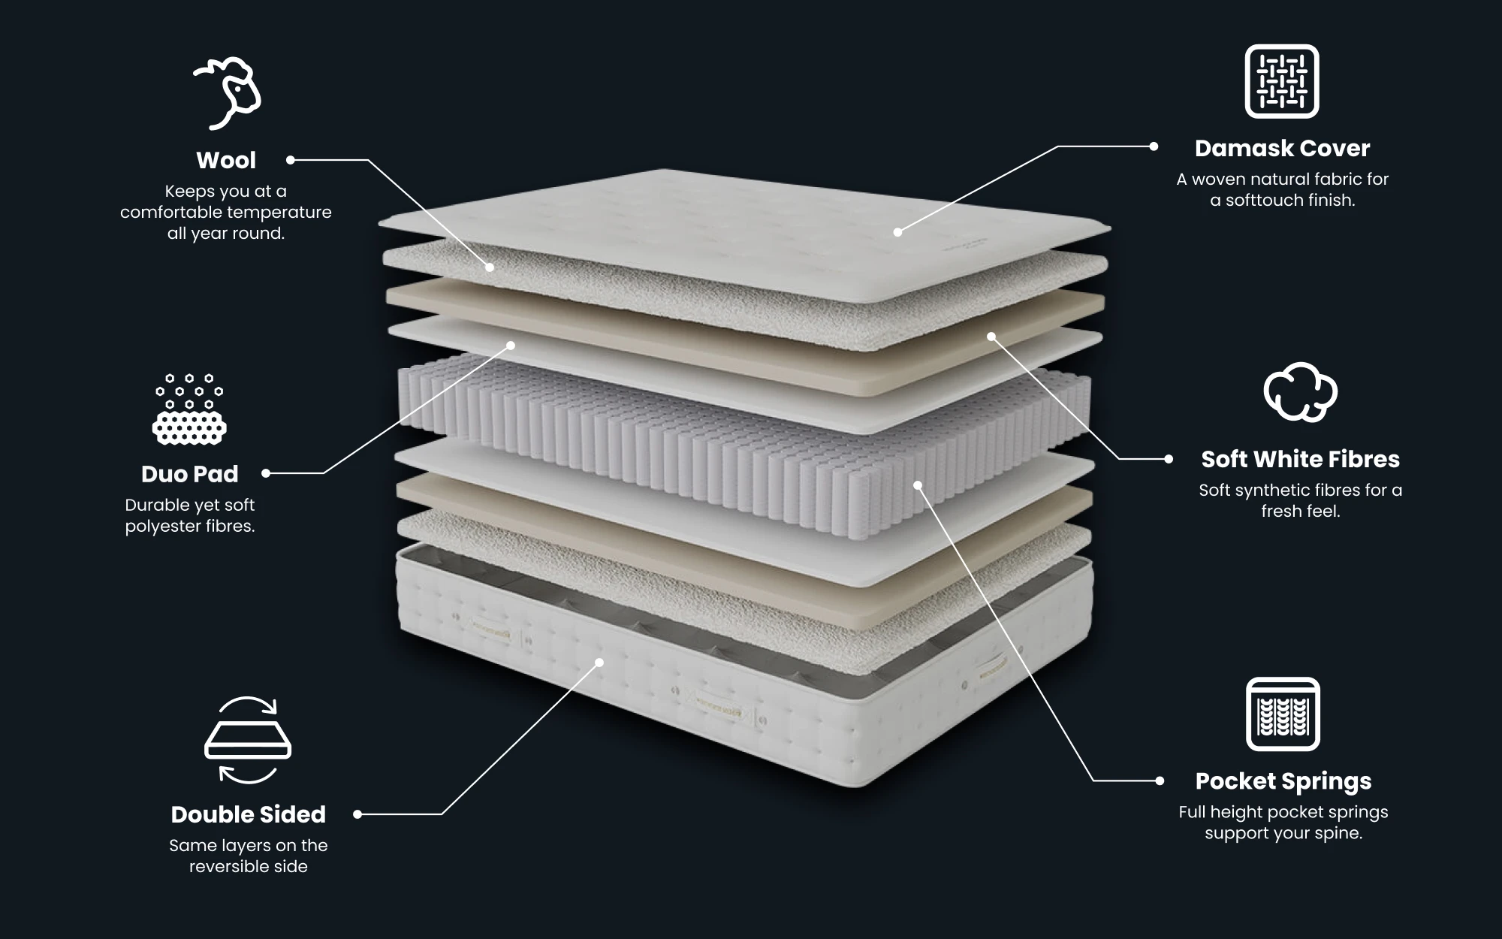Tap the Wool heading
[226, 160]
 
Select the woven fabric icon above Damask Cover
[1282, 81]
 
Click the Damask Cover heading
[1282, 148]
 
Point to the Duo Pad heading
[189, 474]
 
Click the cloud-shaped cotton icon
[1300, 391]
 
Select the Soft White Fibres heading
[1300, 459]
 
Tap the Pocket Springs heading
[1283, 781]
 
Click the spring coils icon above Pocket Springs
[1283, 714]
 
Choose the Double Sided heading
[248, 814]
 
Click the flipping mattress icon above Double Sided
[248, 741]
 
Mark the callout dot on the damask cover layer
[897, 232]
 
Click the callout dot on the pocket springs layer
[918, 485]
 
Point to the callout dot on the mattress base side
[599, 662]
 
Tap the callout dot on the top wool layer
[490, 267]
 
